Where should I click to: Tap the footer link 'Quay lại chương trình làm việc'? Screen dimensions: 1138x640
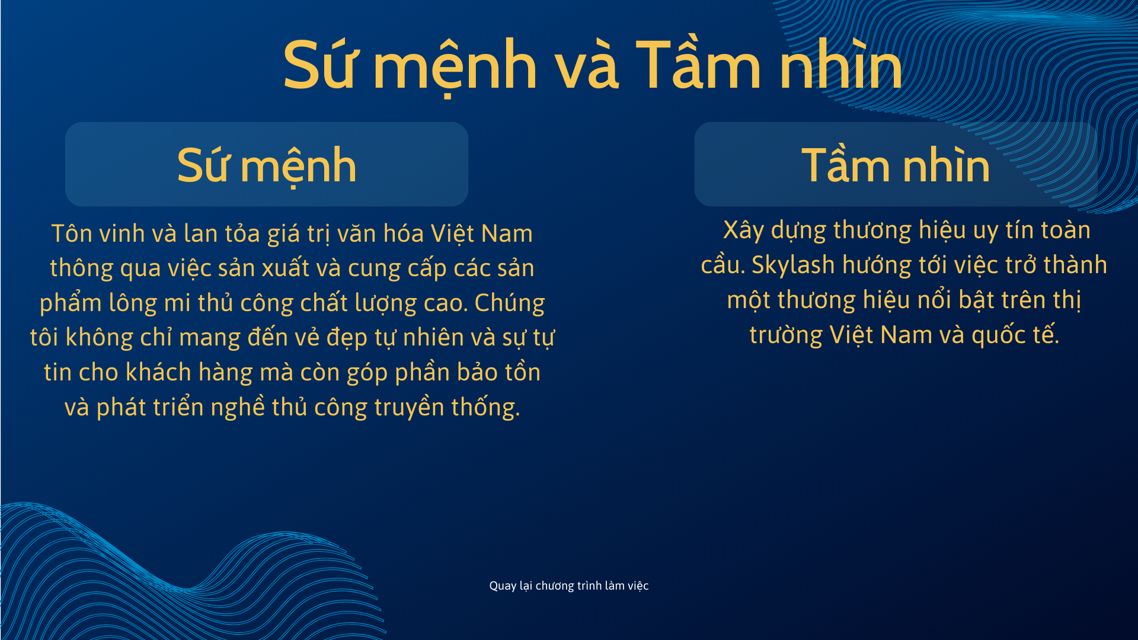click(x=569, y=585)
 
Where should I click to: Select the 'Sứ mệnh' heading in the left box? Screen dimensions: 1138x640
click(x=267, y=166)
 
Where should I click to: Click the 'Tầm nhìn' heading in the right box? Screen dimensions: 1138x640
click(x=896, y=165)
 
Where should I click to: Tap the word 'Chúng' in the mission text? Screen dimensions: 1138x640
click(x=509, y=303)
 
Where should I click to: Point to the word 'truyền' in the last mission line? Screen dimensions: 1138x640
click(x=409, y=408)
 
